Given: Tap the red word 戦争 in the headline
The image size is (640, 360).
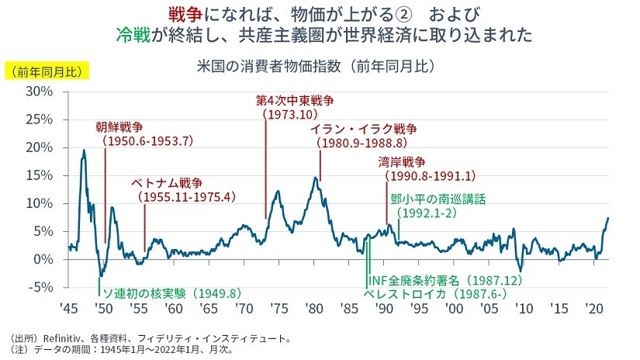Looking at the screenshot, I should point(185,15).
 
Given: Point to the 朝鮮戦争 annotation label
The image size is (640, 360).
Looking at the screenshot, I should point(119,127).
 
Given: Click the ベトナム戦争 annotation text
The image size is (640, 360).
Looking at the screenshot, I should point(166,184).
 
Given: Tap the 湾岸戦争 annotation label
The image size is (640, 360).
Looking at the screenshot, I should point(402,163).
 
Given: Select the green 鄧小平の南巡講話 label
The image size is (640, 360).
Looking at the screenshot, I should point(438,199).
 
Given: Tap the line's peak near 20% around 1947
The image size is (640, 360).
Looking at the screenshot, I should point(84,150).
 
